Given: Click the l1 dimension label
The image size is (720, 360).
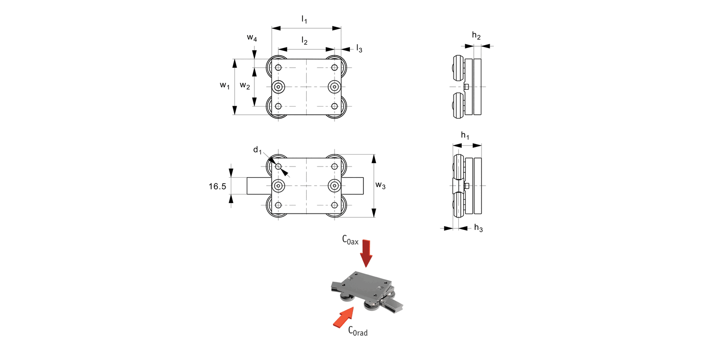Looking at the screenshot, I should click(x=304, y=20).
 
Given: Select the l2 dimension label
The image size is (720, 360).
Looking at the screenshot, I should click(x=304, y=41).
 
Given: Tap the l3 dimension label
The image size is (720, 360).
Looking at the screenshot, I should click(x=359, y=49).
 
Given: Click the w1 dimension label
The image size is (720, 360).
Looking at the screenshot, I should click(x=224, y=85).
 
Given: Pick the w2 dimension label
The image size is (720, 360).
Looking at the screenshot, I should click(x=245, y=85).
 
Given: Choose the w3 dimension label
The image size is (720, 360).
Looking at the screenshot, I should click(x=381, y=185).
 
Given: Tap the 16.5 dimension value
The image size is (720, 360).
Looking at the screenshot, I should click(x=217, y=186).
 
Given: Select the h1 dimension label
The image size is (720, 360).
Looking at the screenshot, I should click(x=465, y=136).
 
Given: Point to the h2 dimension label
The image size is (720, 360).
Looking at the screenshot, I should click(x=476, y=35).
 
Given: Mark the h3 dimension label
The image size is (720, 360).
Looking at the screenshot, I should click(x=478, y=228).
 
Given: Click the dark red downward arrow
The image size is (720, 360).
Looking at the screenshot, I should click(x=367, y=252).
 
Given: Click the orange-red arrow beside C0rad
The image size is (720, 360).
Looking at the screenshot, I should click(x=342, y=318).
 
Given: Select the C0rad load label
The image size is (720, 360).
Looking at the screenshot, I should click(x=358, y=330).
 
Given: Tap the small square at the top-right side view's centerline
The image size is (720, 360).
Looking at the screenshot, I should click(x=467, y=86).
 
